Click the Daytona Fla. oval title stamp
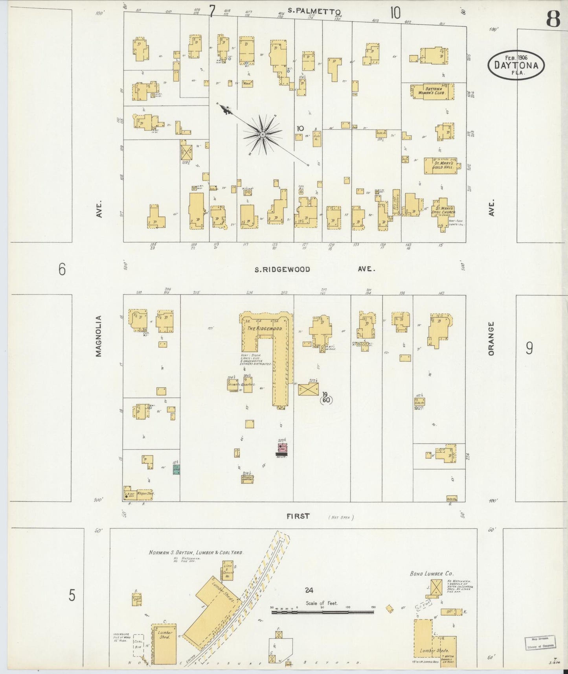click(x=516, y=64)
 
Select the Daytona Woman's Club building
click(x=432, y=91)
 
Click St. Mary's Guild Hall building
click(x=439, y=165)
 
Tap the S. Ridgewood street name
click(x=282, y=269)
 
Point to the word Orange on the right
click(x=491, y=339)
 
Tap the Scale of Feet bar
click(x=322, y=612)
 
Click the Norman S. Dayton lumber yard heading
click(x=196, y=552)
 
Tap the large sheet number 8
click(x=553, y=19)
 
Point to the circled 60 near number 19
click(x=326, y=400)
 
